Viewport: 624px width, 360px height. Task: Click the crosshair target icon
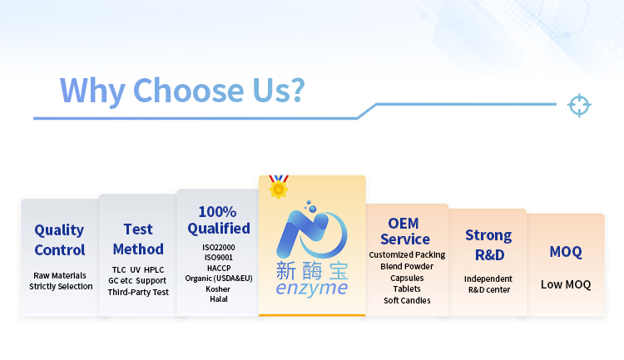(x=579, y=105)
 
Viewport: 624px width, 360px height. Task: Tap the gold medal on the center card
(x=279, y=186)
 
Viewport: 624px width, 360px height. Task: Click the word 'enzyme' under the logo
(x=312, y=288)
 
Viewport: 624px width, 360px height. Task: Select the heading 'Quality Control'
(x=60, y=240)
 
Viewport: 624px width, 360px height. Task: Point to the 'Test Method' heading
(x=138, y=239)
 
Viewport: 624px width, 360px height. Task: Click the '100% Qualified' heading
(x=219, y=220)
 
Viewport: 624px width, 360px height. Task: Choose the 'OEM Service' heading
(x=404, y=231)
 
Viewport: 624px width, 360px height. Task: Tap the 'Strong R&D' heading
(x=488, y=245)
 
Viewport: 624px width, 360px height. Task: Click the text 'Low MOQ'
(x=566, y=284)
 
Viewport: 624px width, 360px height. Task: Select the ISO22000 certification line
(x=219, y=247)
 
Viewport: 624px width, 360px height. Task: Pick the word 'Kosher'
(x=218, y=288)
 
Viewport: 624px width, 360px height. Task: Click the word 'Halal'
(x=219, y=299)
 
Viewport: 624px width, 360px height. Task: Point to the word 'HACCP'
(x=219, y=268)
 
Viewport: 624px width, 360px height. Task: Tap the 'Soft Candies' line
(x=407, y=300)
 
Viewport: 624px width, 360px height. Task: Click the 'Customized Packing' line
(x=407, y=254)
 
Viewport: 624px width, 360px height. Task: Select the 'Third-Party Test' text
(x=138, y=292)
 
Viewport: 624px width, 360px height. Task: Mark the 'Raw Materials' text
(x=60, y=275)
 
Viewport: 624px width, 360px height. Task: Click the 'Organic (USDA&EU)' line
(x=219, y=279)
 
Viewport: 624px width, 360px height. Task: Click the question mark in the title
(x=296, y=90)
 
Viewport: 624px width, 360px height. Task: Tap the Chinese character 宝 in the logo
(x=339, y=271)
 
